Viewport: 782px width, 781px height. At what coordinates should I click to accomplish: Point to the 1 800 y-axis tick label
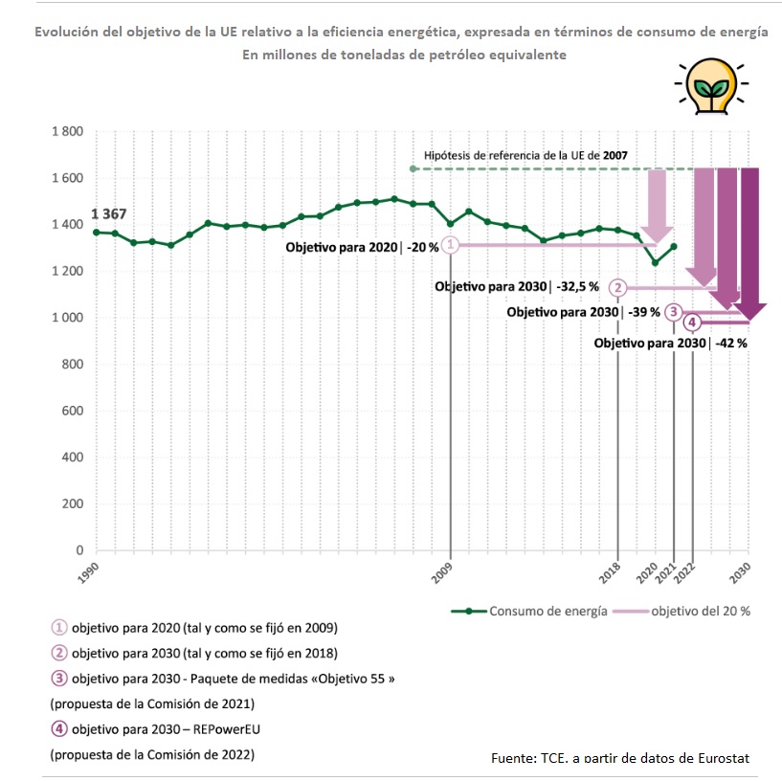click(67, 131)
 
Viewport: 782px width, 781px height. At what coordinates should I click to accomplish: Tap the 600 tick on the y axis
click(72, 411)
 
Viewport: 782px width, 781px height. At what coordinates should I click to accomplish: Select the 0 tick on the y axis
click(79, 550)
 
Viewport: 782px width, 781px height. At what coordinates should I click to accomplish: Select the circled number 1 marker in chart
click(451, 245)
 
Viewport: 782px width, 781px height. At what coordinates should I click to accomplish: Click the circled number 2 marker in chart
click(619, 287)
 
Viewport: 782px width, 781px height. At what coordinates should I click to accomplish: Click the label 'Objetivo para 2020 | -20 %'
click(362, 247)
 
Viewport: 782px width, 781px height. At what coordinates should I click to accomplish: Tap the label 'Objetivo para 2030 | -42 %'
click(671, 343)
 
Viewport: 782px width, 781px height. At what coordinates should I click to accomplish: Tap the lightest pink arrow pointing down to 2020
click(657, 205)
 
